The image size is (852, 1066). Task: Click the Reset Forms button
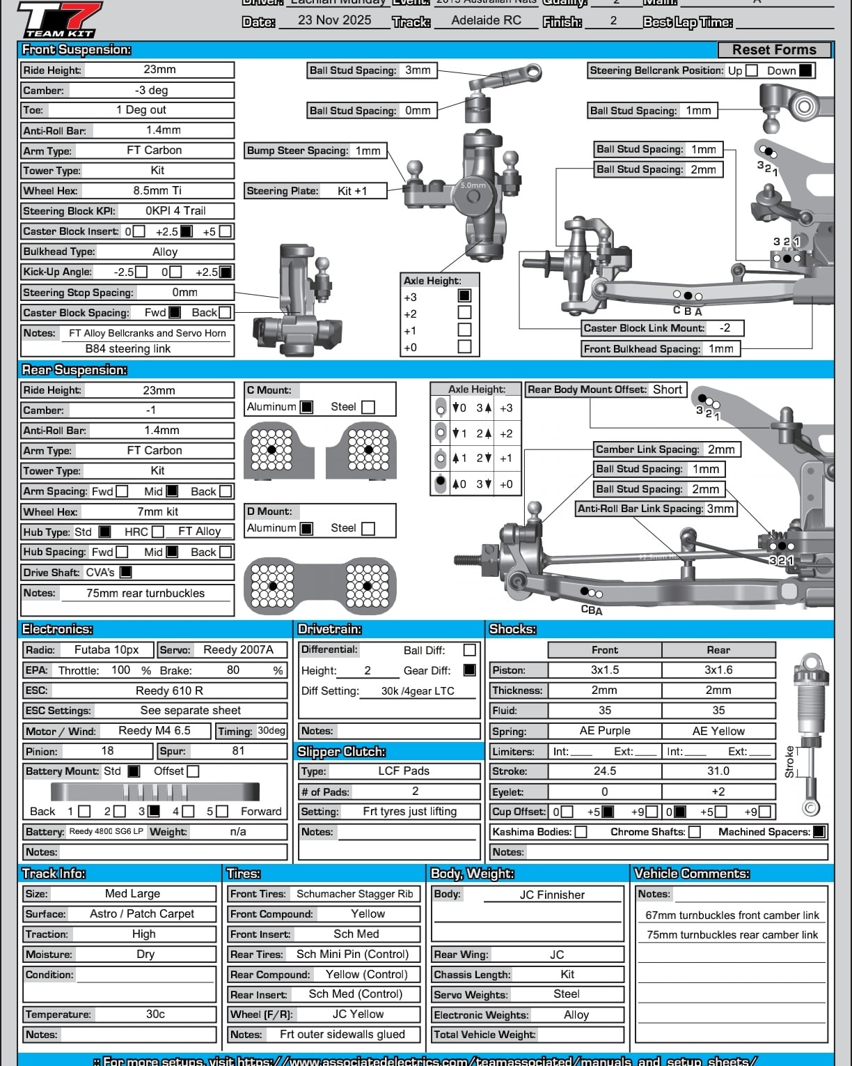[774, 50]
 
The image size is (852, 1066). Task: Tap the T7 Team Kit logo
[59, 19]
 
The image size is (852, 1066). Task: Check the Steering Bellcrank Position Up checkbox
[752, 70]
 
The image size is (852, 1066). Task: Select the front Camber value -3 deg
[151, 91]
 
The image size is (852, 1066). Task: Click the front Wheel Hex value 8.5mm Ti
[157, 191]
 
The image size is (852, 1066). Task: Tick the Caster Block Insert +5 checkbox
[225, 231]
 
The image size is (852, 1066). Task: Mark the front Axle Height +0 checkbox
[464, 346]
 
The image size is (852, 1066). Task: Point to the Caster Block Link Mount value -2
[725, 328]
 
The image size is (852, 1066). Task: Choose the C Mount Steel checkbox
[368, 407]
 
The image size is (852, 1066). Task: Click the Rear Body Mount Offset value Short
[667, 390]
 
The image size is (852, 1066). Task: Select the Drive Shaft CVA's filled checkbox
[126, 572]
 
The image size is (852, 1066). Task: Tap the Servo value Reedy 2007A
[238, 650]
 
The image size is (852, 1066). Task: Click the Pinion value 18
[107, 751]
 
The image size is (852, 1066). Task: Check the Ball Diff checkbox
[470, 650]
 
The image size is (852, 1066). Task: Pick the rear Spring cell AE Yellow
[718, 731]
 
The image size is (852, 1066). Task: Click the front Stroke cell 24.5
[604, 771]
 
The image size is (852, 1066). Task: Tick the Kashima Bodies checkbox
[581, 832]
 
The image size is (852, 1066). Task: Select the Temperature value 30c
[155, 1014]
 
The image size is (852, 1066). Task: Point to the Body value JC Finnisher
[552, 895]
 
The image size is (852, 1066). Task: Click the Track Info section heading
[54, 874]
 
